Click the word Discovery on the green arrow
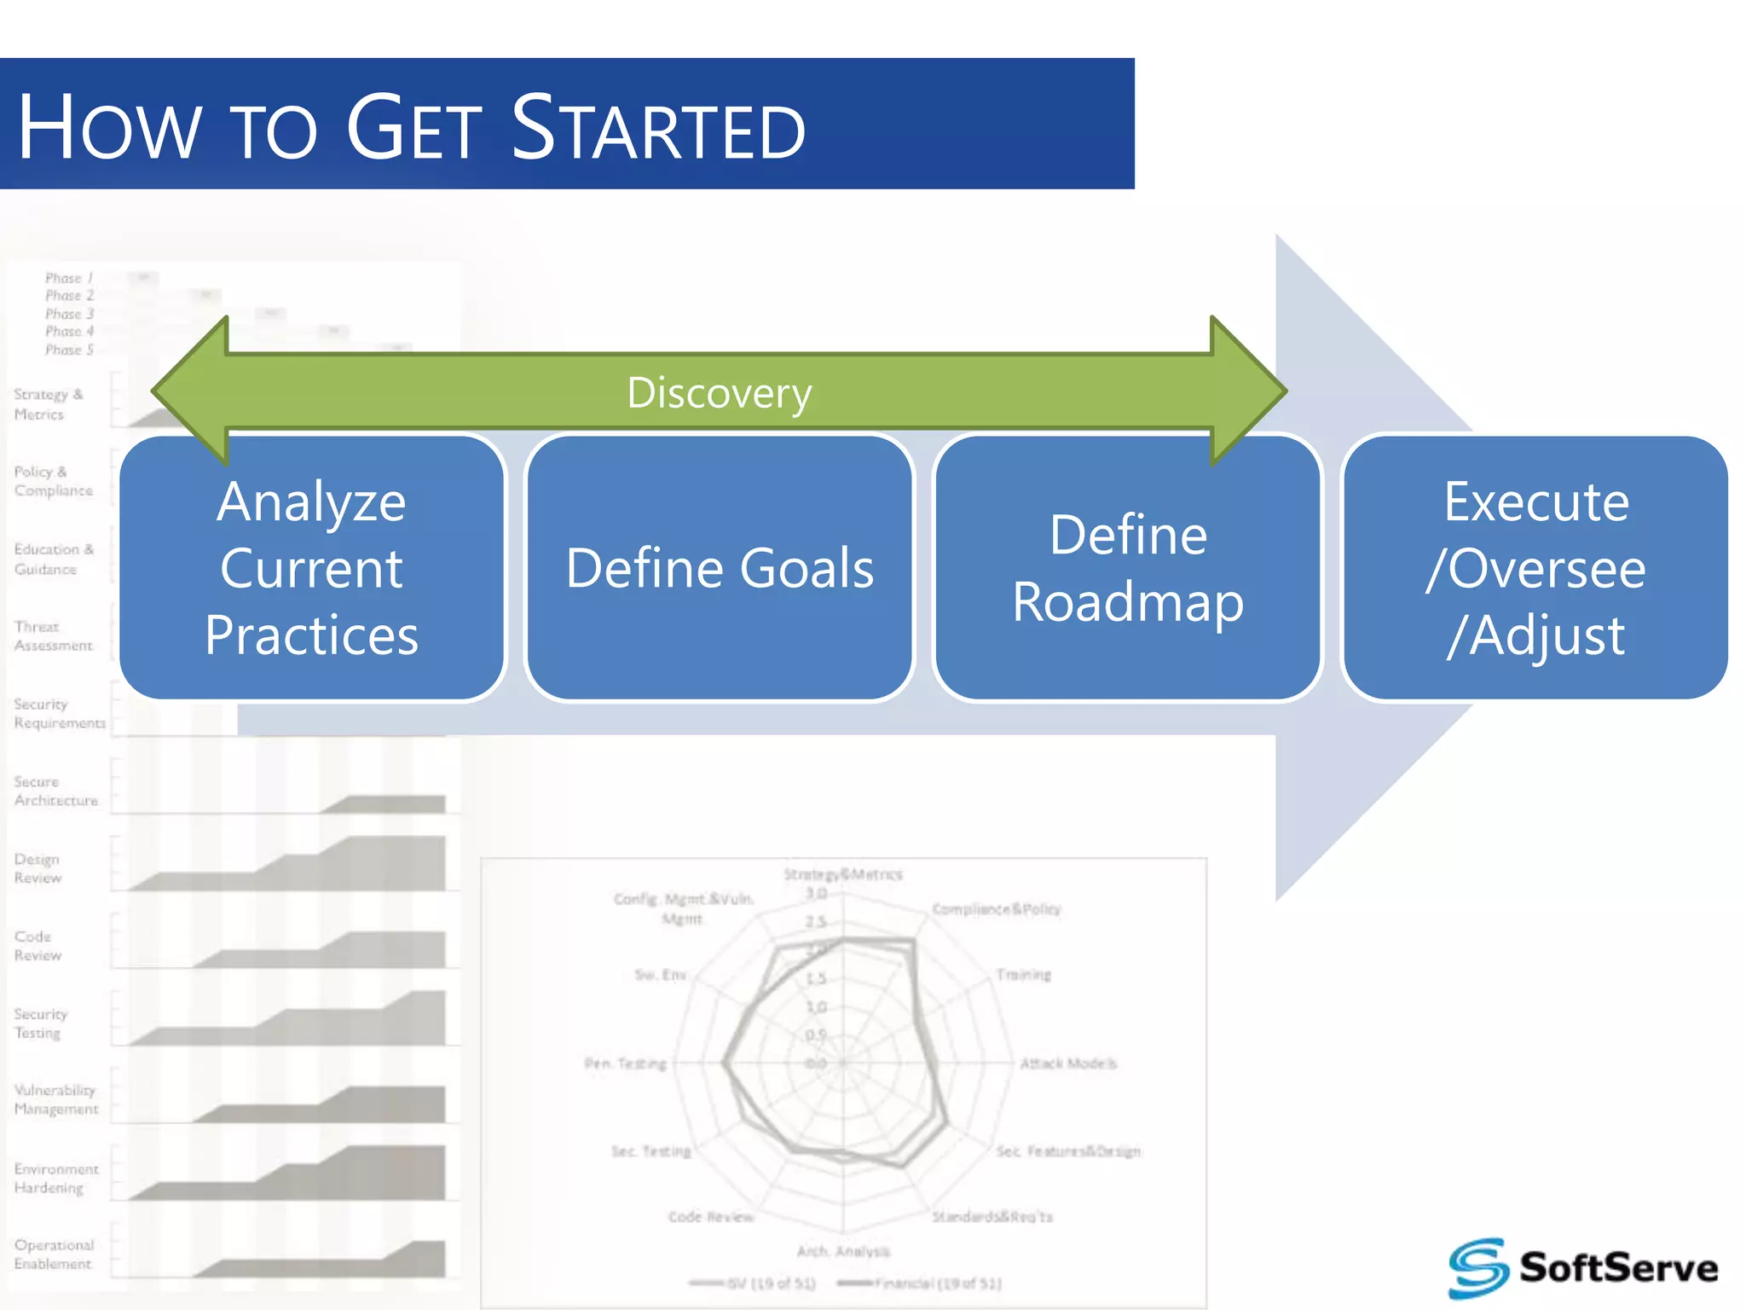coord(720,393)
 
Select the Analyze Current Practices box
coord(312,568)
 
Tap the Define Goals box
coord(720,568)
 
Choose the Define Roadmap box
coord(1127,568)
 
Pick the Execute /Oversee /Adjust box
coord(1535,568)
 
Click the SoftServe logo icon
coord(1478,1267)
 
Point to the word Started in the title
coord(658,128)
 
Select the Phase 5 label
coord(69,350)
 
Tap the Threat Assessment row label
coord(52,636)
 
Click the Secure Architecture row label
coord(55,791)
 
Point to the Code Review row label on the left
coord(38,946)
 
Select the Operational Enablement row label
coord(53,1255)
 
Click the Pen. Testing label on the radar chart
coord(625,1064)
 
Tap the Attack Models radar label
coord(1068,1064)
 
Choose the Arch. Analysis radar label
coord(843,1251)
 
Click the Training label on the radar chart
coord(1024,975)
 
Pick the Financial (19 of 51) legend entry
coord(936,1284)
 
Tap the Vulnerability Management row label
coord(55,1099)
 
